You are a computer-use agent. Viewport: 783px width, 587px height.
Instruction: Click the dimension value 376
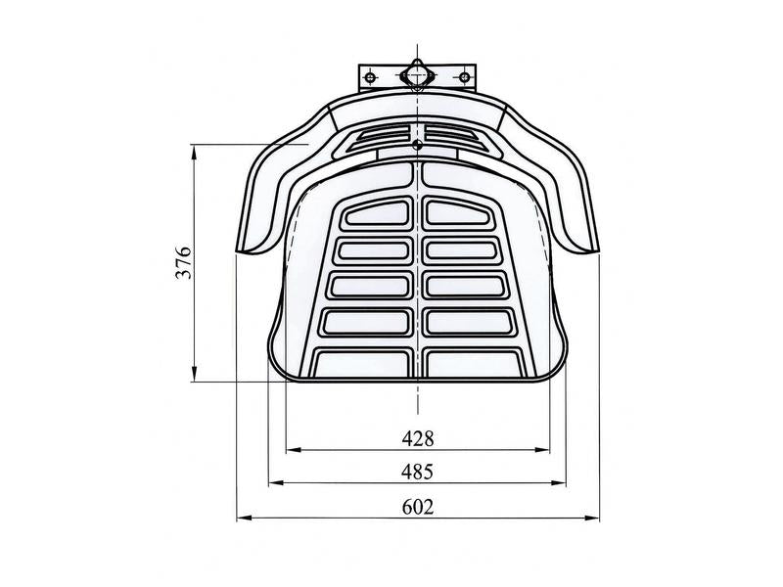click(x=183, y=262)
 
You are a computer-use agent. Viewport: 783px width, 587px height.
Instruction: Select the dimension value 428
click(x=418, y=438)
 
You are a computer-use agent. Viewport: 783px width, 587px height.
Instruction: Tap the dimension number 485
click(x=418, y=472)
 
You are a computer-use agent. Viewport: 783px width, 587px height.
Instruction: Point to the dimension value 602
click(x=418, y=507)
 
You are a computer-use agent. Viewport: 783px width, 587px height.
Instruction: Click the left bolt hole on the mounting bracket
click(x=370, y=77)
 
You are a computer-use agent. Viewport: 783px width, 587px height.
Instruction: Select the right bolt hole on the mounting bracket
click(x=464, y=77)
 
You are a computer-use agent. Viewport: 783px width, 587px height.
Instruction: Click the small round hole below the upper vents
click(x=418, y=145)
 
